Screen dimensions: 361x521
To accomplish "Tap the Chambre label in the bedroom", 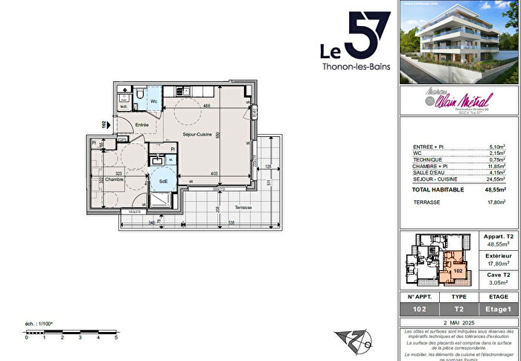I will click(x=114, y=179).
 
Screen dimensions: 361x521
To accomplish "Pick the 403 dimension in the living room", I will click(x=214, y=174).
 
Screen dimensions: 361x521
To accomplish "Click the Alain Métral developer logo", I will click(x=456, y=100).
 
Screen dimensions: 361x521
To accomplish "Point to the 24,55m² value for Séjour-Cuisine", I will click(x=493, y=179).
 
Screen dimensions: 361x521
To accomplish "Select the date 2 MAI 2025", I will click(x=458, y=322).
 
